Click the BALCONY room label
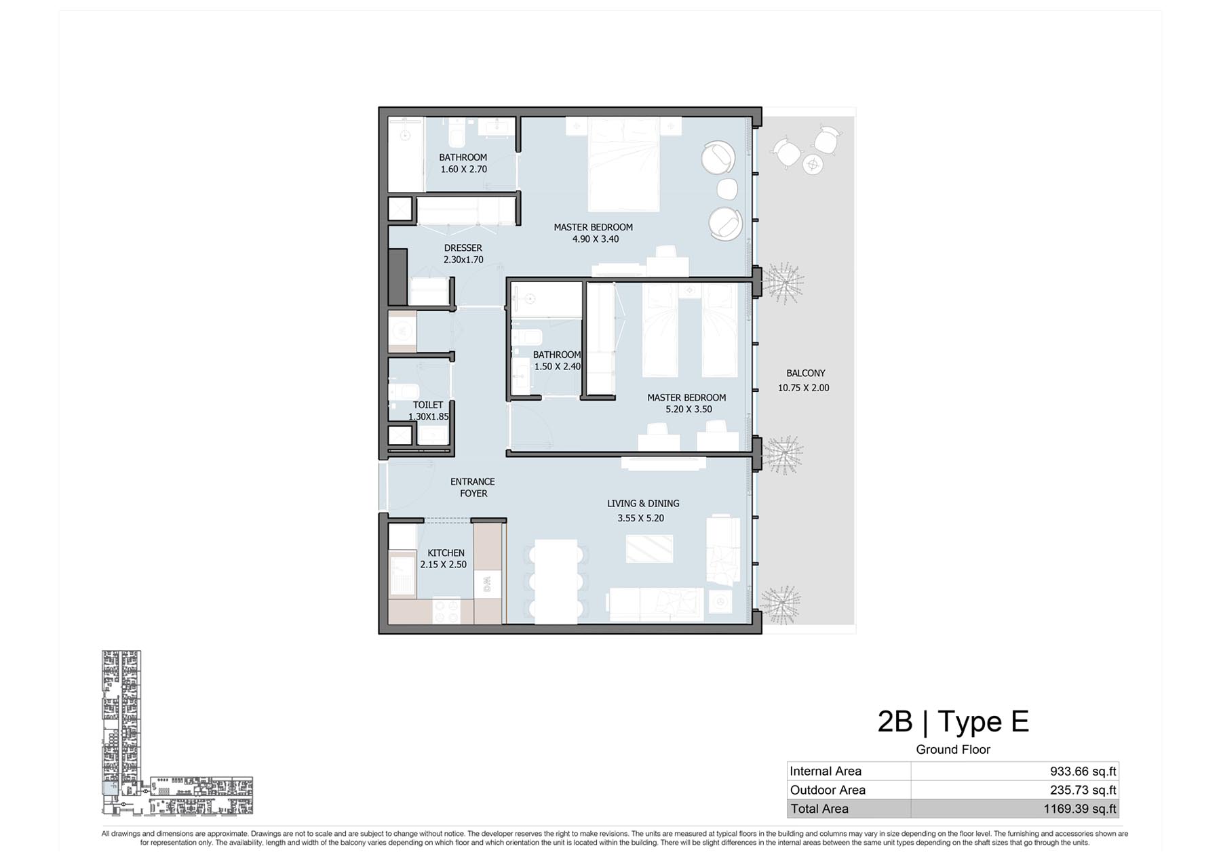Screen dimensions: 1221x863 [805, 373]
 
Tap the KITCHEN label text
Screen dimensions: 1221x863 [446, 553]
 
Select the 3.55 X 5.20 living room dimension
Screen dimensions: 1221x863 [640, 518]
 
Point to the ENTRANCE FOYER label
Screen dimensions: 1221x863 [473, 487]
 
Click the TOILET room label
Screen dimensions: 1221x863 [427, 405]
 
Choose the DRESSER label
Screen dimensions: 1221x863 [463, 248]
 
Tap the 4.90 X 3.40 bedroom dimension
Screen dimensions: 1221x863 [596, 239]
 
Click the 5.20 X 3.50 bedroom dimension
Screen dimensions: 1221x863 [689, 409]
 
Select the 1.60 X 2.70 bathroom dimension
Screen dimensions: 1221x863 [464, 169]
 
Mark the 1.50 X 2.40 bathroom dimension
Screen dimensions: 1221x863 [558, 366]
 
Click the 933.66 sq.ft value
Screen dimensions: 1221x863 [1083, 771]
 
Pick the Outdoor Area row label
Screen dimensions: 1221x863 [828, 790]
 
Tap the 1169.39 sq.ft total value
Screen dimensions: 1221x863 [1079, 809]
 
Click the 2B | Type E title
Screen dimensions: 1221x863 [953, 721]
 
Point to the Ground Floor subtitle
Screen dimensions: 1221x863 [953, 749]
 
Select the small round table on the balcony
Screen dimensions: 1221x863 [813, 163]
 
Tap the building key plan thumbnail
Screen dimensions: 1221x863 [177, 733]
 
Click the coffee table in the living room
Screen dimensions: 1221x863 [649, 548]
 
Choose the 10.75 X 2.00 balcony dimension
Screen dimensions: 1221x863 [803, 388]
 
